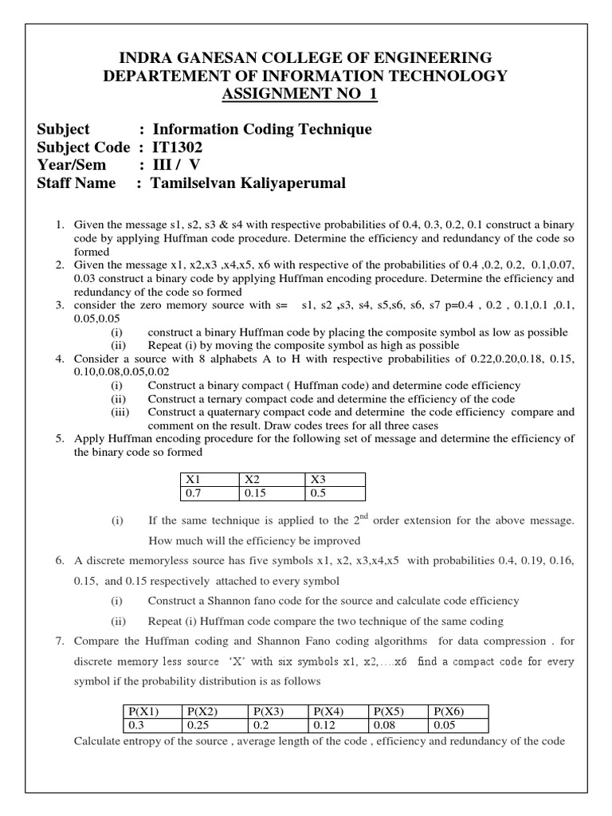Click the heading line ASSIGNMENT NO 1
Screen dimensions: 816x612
click(305, 95)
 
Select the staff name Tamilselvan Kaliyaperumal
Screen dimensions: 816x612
click(249, 183)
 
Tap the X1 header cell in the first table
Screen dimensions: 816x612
click(194, 480)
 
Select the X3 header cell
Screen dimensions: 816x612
click(317, 480)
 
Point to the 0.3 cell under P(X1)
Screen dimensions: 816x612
click(139, 726)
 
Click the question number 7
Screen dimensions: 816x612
click(60, 641)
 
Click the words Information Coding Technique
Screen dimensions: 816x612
click(261, 129)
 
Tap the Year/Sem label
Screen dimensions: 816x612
click(71, 166)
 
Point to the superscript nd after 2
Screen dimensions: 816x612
click(367, 516)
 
